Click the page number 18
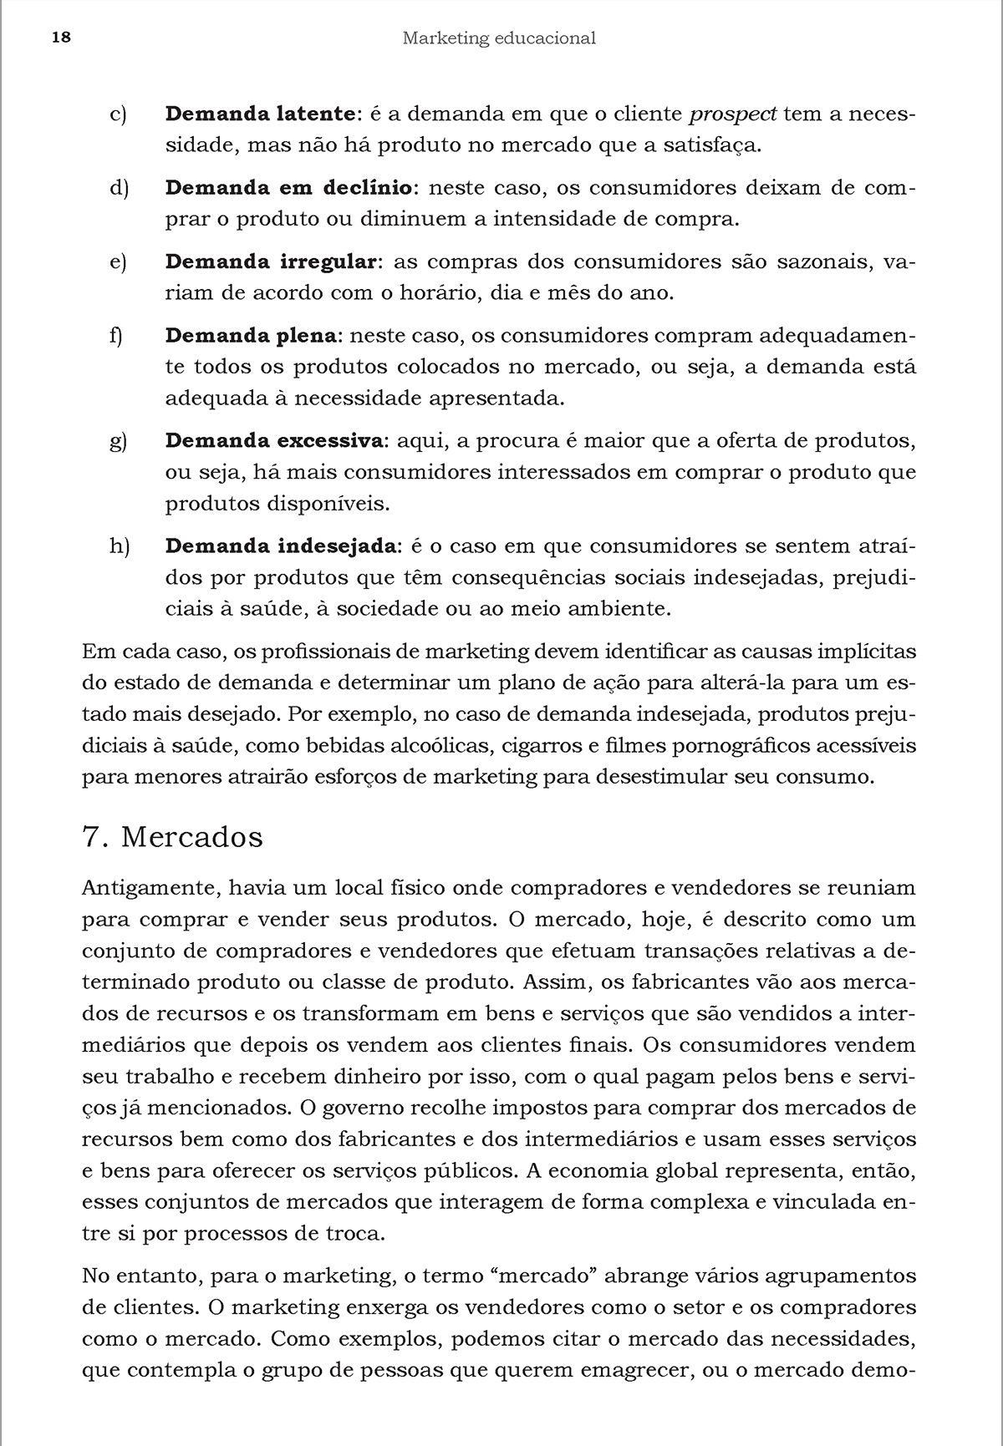point(61,38)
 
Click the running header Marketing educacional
point(499,38)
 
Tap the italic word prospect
point(733,114)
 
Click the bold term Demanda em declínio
point(288,188)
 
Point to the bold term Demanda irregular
point(272,262)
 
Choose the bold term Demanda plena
point(251,336)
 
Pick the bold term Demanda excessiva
point(274,440)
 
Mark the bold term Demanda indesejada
point(280,546)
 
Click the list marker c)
point(118,114)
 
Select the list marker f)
point(116,336)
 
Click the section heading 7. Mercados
point(173,837)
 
